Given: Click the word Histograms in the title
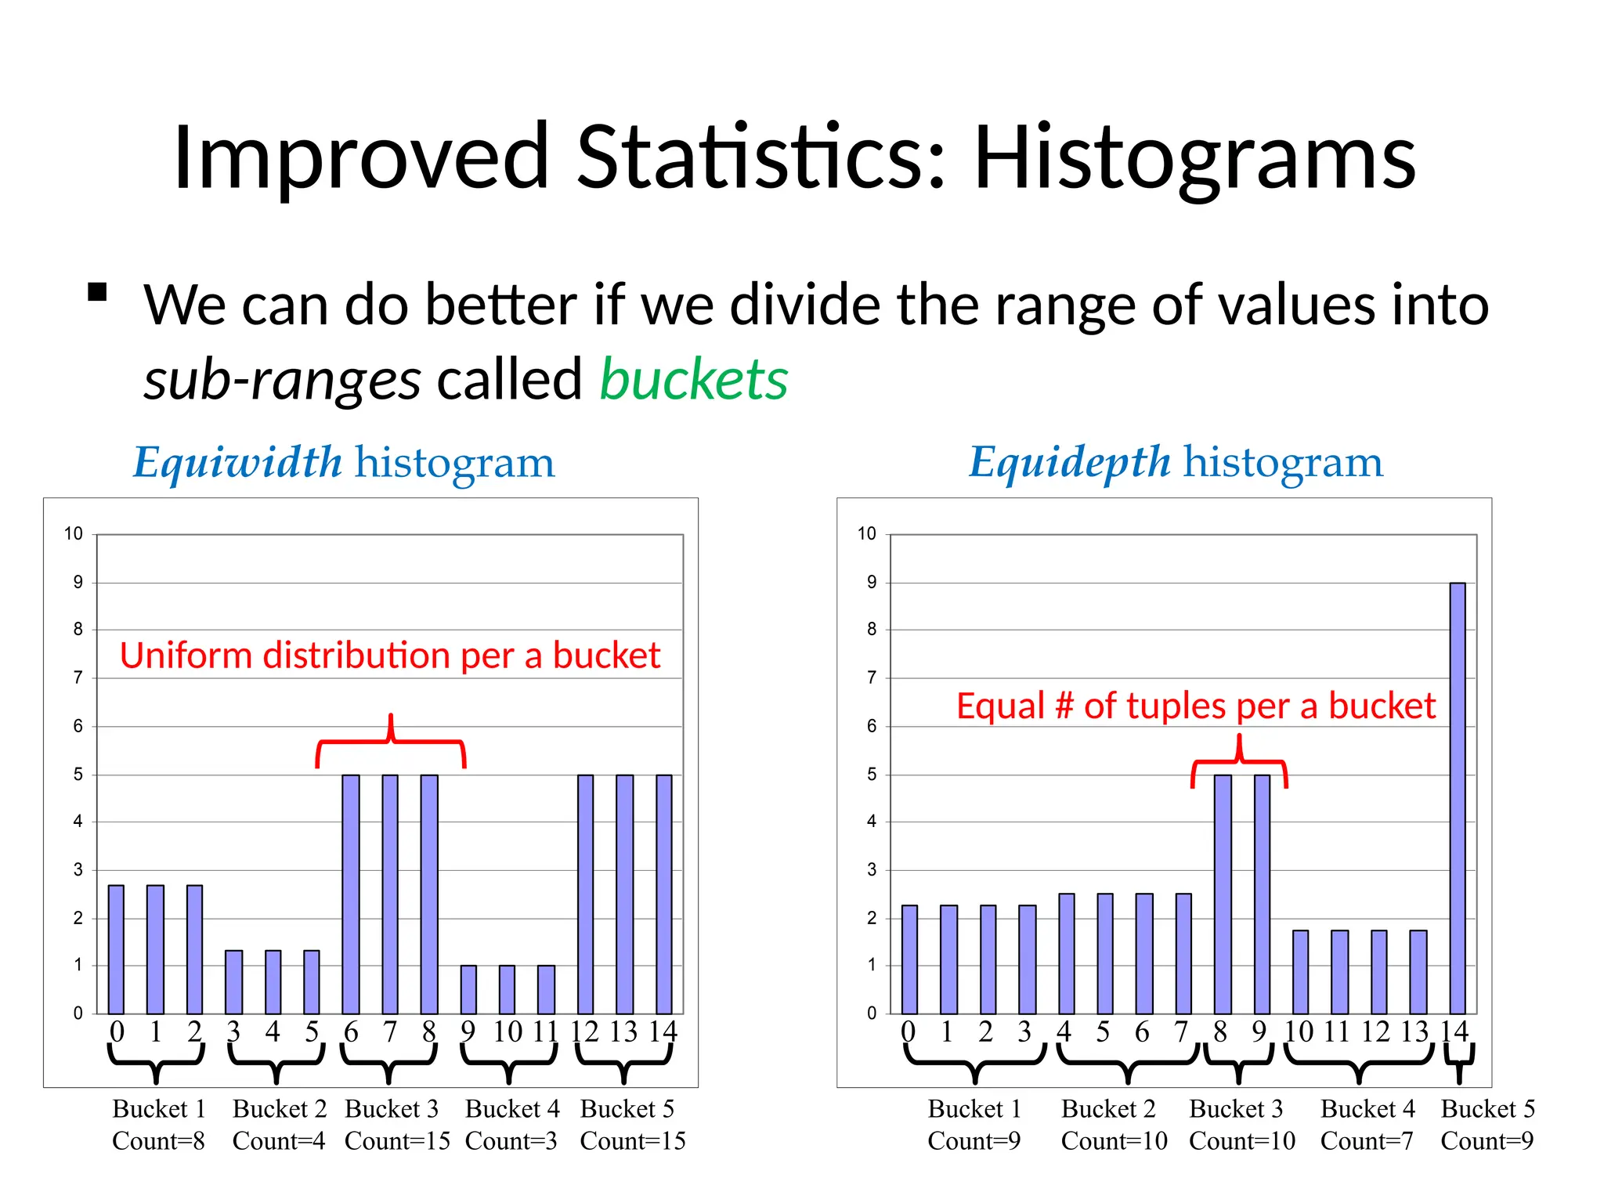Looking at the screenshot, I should (1194, 159).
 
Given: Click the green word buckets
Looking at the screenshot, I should (693, 380).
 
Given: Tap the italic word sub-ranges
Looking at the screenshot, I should (282, 380).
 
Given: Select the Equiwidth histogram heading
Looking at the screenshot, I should (344, 462).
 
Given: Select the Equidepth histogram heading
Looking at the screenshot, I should (1176, 462).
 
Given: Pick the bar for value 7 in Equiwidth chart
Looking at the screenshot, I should (390, 894).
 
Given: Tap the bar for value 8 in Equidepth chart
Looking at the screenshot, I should (1223, 894).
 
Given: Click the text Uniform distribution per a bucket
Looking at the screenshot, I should (390, 656).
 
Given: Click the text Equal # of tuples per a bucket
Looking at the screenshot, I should (1196, 706).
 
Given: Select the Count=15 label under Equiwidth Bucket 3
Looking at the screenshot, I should (397, 1141).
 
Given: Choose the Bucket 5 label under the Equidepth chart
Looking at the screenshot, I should (1487, 1109).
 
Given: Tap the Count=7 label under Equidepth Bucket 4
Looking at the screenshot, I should (1366, 1141).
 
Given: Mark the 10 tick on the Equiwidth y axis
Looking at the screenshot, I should (73, 534).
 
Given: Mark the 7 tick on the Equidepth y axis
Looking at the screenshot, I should (871, 677).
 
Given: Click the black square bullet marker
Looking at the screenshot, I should (97, 292).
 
